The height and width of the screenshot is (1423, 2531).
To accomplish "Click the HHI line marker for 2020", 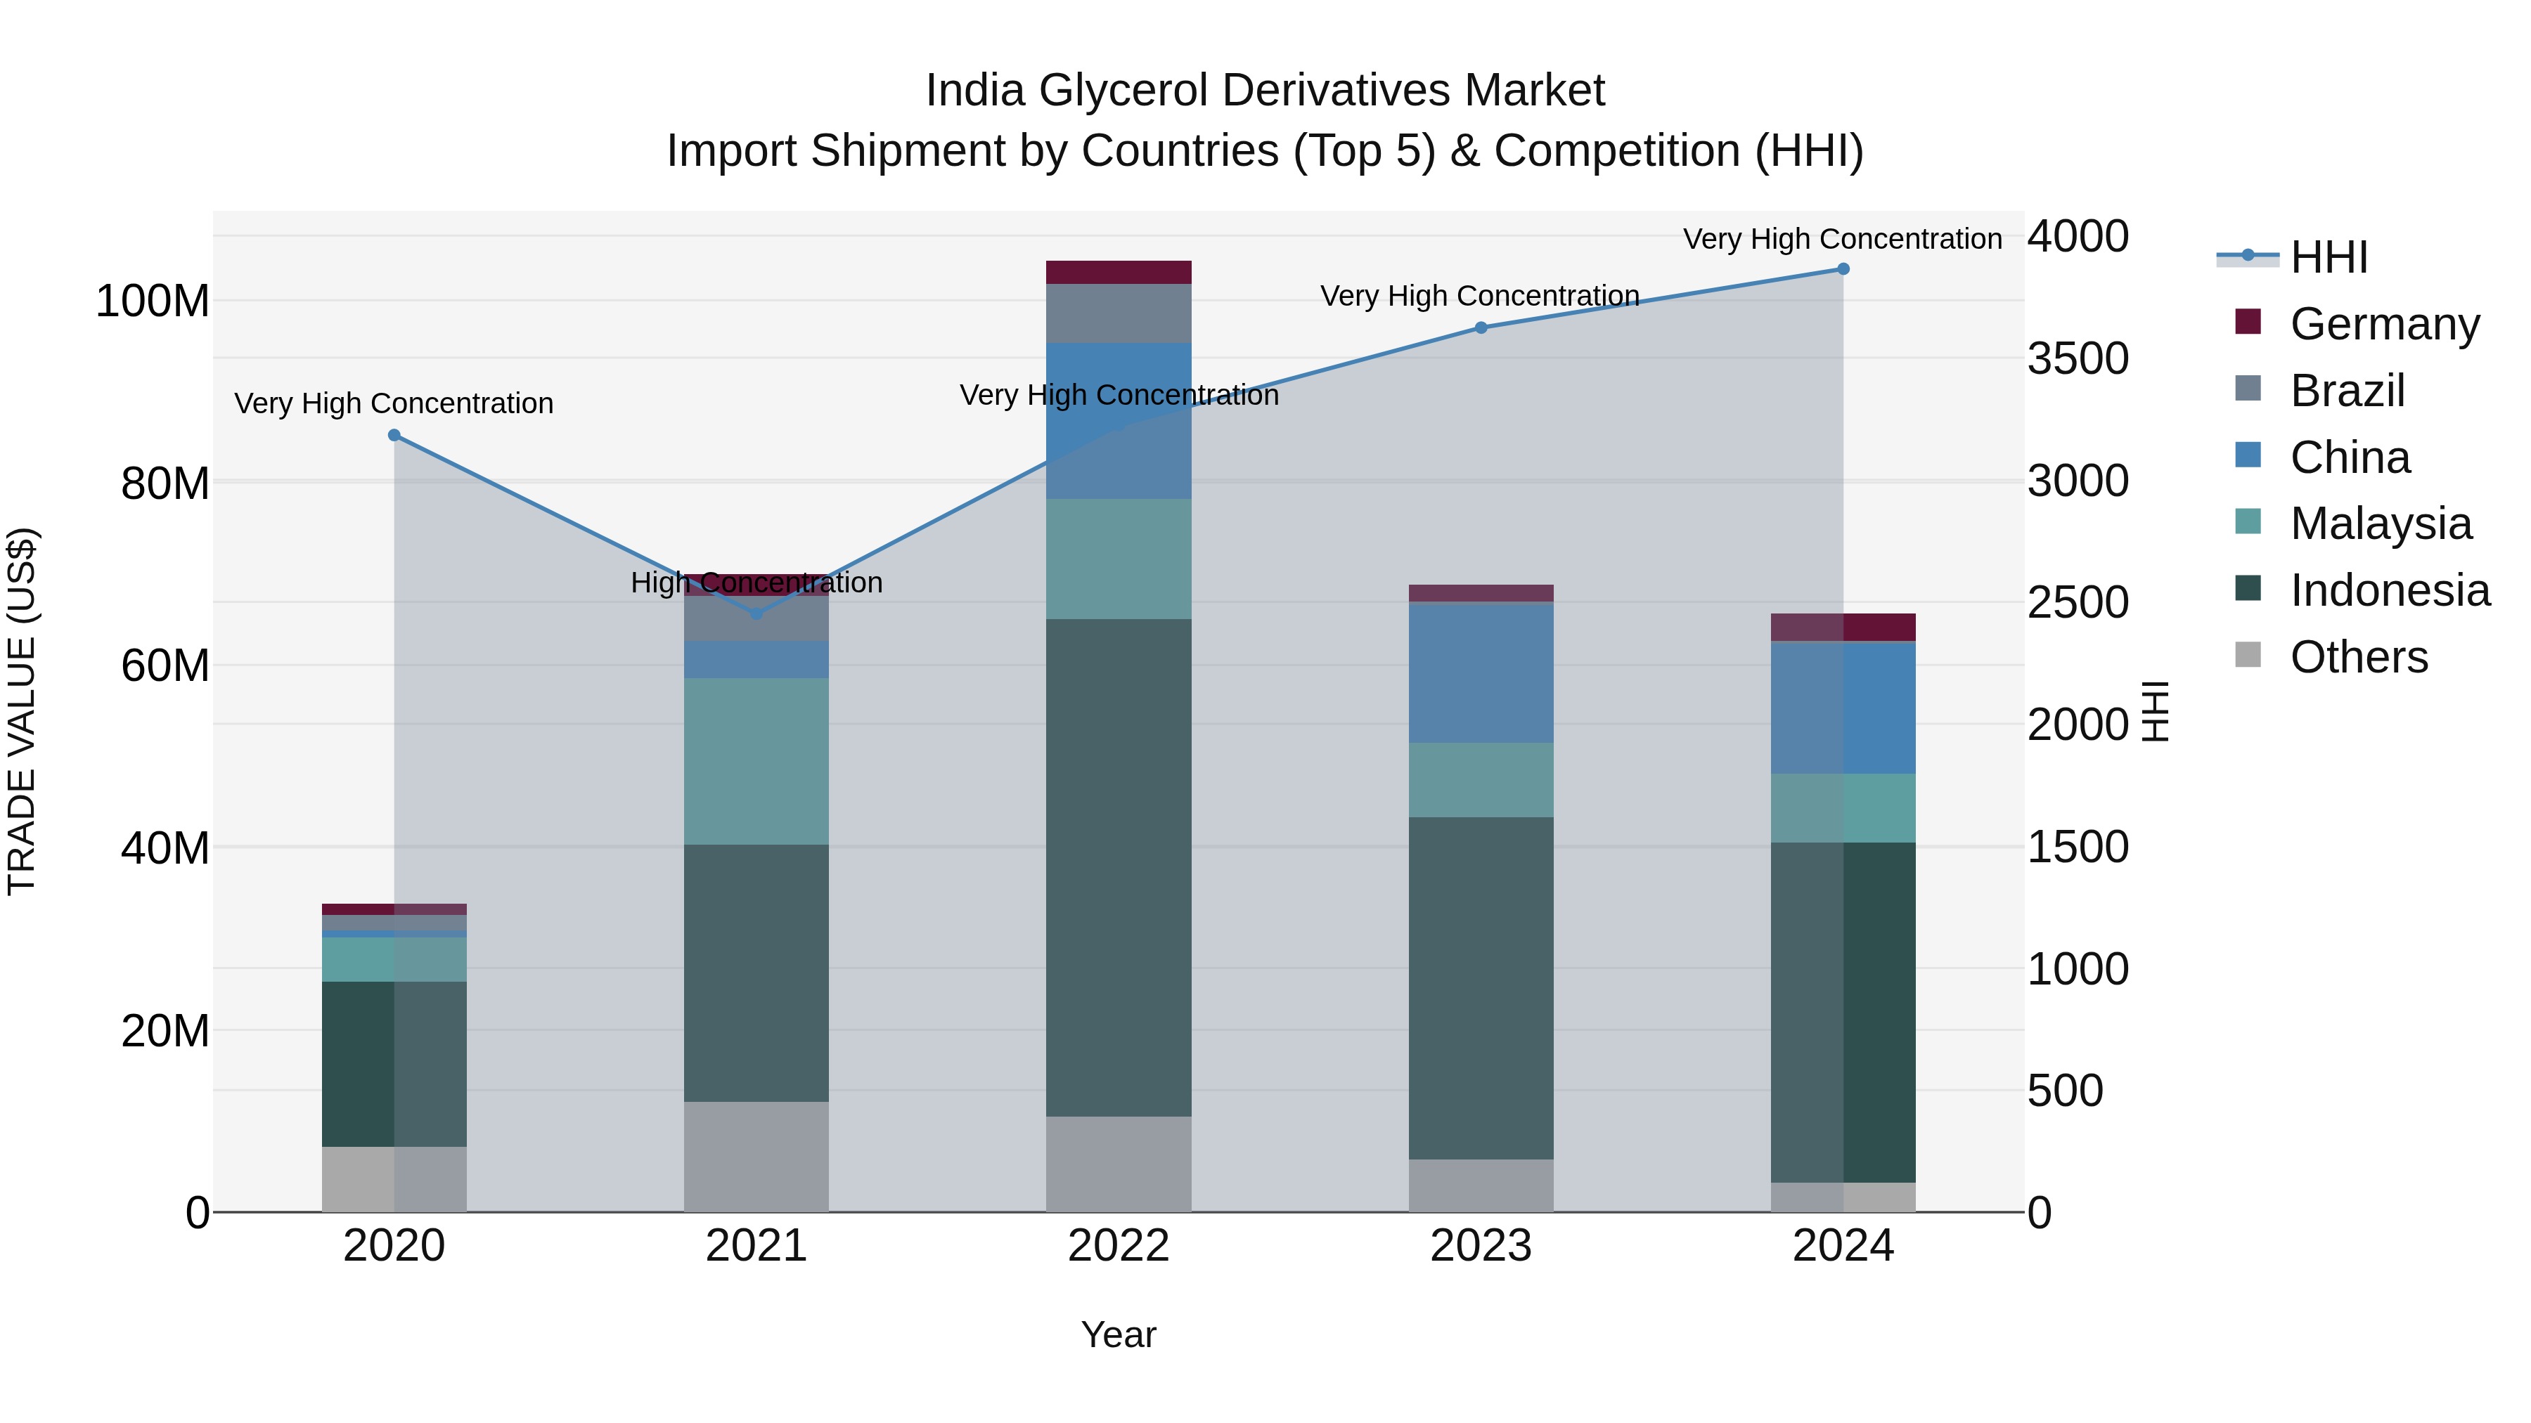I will [394, 435].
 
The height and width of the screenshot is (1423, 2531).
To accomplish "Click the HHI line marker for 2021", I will [756, 613].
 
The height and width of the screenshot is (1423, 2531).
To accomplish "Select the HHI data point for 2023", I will [1481, 328].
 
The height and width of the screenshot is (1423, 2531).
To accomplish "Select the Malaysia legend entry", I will [2380, 524].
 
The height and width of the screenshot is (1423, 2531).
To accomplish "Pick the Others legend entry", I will [2358, 657].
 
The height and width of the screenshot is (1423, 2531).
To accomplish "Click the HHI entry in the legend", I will [2328, 257].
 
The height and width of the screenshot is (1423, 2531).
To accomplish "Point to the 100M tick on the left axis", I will [153, 301].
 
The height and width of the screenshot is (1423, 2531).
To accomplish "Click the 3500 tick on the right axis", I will [2077, 358].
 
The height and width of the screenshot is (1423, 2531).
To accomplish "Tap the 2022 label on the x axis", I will [1118, 1246].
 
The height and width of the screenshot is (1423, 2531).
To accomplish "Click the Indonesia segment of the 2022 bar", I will [1118, 866].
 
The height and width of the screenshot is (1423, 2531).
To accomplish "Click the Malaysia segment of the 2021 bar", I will [756, 761].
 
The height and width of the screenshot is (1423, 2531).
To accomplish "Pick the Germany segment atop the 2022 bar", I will [1118, 272].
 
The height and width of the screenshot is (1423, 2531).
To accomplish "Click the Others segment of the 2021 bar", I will [756, 1156].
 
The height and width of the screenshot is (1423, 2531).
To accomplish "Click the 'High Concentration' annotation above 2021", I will [756, 583].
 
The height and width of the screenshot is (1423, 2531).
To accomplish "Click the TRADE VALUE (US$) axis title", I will [22, 711].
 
